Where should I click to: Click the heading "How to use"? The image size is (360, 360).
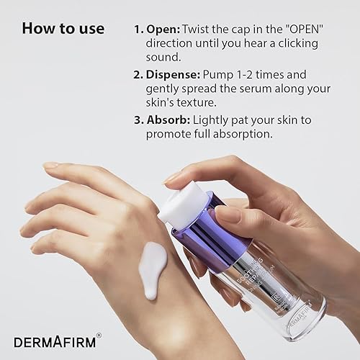click(x=63, y=29)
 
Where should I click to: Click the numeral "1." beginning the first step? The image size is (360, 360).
click(x=138, y=30)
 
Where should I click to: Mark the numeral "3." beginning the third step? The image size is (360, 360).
click(x=138, y=120)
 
